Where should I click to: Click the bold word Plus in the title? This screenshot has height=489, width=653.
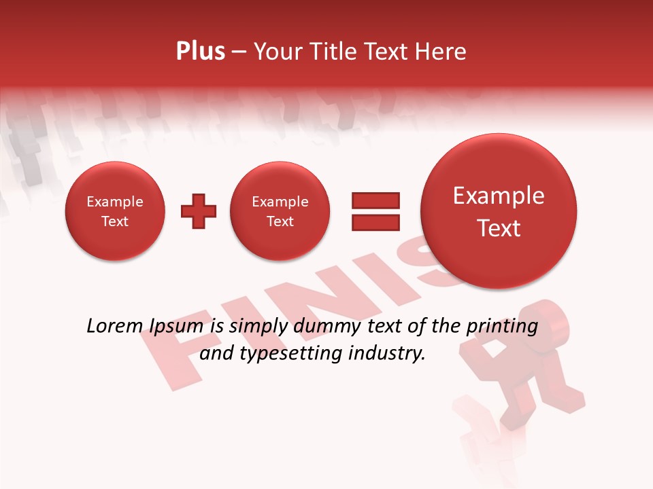click(200, 52)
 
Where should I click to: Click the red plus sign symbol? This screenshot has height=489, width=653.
click(199, 211)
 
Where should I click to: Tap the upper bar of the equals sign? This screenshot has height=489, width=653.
click(375, 200)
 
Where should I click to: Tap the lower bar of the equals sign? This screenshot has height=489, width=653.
click(375, 222)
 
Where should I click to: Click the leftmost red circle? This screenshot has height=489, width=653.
click(115, 211)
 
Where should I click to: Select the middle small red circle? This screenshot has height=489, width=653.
click(280, 211)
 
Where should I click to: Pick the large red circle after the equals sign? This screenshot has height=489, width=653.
click(499, 211)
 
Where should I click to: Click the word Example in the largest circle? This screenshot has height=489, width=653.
click(499, 196)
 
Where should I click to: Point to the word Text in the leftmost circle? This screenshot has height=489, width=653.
click(115, 221)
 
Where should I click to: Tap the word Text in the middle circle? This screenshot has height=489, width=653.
click(280, 221)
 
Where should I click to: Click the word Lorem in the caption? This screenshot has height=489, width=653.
click(112, 326)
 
